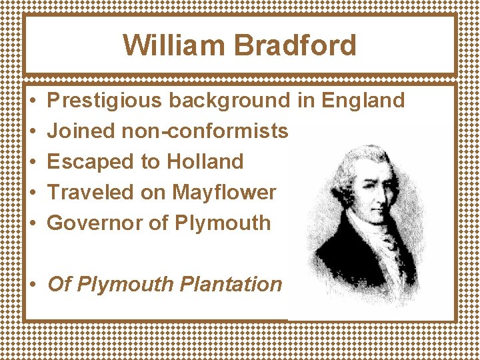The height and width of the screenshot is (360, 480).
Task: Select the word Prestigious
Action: (x=105, y=101)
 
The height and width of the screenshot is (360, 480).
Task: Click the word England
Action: (x=363, y=101)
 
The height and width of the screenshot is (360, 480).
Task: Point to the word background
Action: (x=229, y=101)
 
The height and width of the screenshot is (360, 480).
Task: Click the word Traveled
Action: (x=91, y=192)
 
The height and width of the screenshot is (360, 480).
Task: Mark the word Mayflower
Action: (x=224, y=192)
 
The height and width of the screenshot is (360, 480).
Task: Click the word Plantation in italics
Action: (x=231, y=284)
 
